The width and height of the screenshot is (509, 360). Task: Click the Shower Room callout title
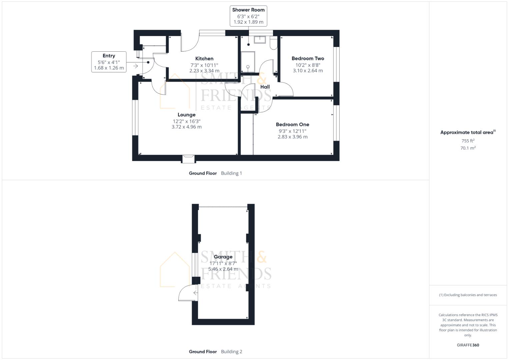tap(248, 10)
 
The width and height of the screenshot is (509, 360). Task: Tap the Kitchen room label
tap(204, 59)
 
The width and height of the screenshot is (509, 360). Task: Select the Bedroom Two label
tap(308, 58)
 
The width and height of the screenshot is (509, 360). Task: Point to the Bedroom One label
tap(292, 125)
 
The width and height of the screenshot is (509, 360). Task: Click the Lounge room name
tap(187, 115)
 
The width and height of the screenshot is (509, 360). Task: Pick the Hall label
tap(265, 87)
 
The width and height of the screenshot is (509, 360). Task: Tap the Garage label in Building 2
tap(223, 257)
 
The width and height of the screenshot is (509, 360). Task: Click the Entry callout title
tap(109, 56)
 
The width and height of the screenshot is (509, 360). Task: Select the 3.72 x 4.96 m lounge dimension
tap(187, 127)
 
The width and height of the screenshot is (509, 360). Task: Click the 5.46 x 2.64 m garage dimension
tap(223, 269)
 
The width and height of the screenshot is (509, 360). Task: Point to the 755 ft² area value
tap(468, 141)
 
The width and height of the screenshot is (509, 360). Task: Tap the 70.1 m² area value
tap(468, 148)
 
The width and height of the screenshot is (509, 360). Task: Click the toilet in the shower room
tap(274, 43)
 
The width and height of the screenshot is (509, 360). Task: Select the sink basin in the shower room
tap(260, 40)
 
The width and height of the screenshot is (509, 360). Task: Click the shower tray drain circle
tap(248, 67)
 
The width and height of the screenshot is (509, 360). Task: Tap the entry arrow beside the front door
tap(136, 66)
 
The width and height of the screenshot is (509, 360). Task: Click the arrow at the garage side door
tap(196, 293)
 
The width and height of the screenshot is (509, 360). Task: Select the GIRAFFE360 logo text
tap(468, 345)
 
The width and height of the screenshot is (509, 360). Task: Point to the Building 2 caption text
tap(232, 352)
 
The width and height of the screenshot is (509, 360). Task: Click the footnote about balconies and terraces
tap(468, 295)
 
